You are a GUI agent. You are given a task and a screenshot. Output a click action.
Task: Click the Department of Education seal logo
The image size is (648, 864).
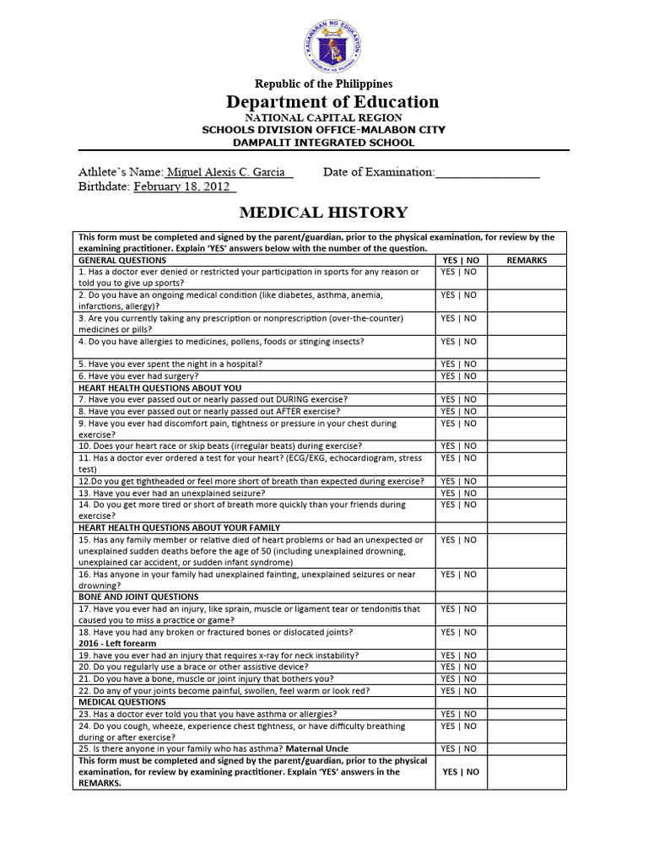tap(324, 48)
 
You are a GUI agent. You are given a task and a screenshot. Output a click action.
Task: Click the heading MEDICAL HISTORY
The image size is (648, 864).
tap(324, 213)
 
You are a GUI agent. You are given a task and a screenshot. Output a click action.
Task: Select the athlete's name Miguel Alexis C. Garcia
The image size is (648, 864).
tap(229, 172)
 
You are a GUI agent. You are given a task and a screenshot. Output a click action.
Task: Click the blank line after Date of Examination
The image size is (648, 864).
tap(487, 173)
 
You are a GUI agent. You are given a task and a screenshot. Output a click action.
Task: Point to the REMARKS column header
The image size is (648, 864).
tap(526, 261)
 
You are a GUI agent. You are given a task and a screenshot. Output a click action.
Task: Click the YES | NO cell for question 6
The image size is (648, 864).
tap(459, 375)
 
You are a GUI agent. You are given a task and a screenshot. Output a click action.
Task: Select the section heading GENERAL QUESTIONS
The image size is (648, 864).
tap(122, 261)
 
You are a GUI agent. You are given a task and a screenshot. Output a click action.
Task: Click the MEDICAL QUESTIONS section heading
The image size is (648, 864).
tap(122, 701)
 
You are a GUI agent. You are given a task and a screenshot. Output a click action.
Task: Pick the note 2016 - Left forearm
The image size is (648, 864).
tap(118, 643)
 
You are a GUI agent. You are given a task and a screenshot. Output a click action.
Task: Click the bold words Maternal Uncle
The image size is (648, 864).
tap(317, 748)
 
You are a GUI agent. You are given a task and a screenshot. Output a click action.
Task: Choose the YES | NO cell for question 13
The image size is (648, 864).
tap(459, 493)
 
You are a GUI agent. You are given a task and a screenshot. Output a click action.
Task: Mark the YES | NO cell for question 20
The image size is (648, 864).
tap(459, 667)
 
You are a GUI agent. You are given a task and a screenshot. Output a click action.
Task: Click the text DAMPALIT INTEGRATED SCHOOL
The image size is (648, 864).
tap(324, 143)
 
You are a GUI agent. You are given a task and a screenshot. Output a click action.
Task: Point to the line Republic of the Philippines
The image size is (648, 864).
tap(324, 84)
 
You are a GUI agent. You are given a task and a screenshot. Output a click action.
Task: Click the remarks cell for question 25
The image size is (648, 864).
tap(526, 748)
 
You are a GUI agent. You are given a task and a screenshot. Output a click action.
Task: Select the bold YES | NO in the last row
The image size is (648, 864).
tap(460, 771)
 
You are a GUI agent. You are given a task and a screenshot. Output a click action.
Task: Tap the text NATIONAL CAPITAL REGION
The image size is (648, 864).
tap(324, 118)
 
